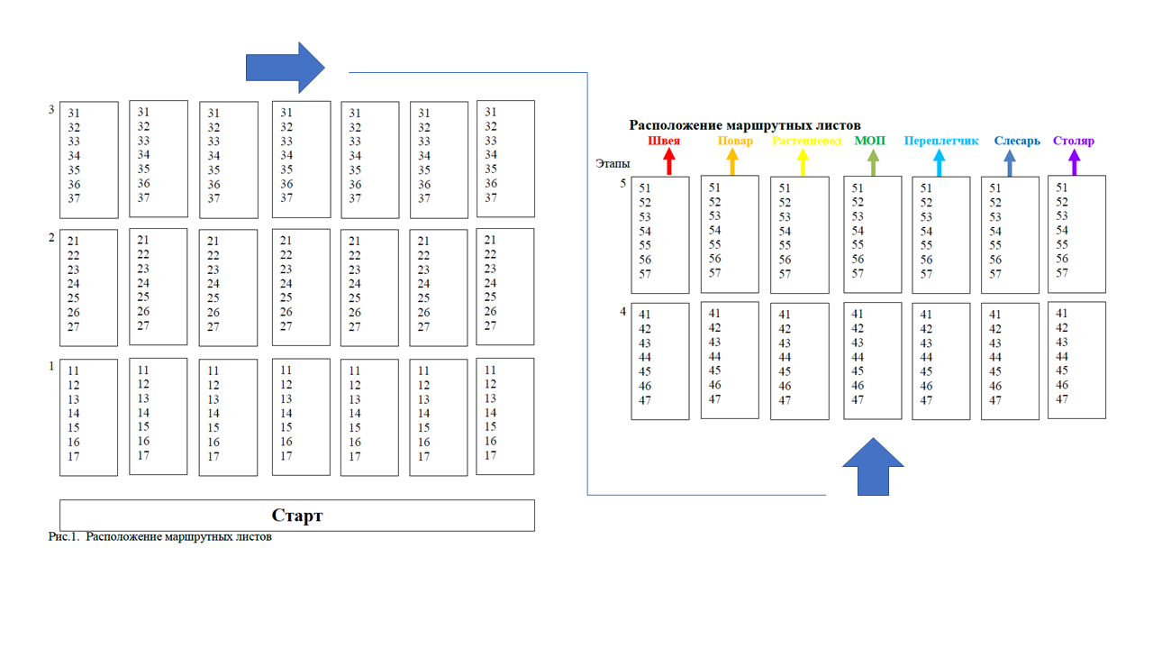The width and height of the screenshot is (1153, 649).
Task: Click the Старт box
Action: click(x=296, y=516)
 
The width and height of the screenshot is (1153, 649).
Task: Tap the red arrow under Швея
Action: click(x=668, y=161)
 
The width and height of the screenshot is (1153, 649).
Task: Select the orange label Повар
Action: click(x=735, y=141)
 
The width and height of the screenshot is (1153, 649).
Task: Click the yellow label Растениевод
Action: click(x=807, y=141)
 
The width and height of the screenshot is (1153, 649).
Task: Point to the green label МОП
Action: click(x=869, y=141)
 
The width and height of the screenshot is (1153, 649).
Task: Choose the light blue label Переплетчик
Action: click(x=940, y=141)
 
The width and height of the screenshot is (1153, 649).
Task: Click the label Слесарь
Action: click(x=1017, y=141)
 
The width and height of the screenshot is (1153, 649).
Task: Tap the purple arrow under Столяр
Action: click(x=1074, y=161)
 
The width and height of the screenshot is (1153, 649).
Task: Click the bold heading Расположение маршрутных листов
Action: click(x=744, y=125)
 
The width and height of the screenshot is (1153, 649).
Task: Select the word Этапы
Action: click(x=613, y=164)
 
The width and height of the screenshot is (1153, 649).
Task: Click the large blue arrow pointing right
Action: click(x=285, y=67)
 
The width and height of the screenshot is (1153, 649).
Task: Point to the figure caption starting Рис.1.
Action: click(x=159, y=537)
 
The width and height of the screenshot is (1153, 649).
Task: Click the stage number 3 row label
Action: click(x=51, y=110)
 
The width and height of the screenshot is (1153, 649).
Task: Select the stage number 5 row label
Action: click(x=622, y=184)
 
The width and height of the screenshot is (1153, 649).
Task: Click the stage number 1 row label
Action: click(x=51, y=367)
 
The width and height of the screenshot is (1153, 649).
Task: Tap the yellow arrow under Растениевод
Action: click(x=803, y=161)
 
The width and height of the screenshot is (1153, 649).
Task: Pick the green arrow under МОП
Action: click(x=873, y=161)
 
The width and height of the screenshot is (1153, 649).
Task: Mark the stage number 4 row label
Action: click(x=622, y=312)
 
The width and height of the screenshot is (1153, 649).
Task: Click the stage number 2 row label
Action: click(x=51, y=238)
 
